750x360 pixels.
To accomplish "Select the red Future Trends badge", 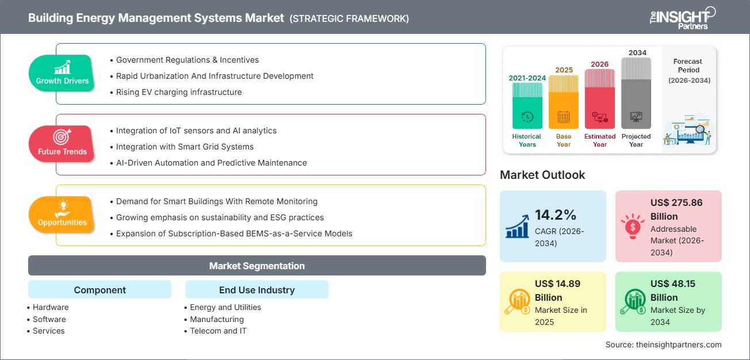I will pos(62,144).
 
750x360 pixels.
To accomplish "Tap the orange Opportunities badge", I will pos(62,215).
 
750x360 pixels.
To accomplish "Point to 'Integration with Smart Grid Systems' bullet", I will pos(185,147).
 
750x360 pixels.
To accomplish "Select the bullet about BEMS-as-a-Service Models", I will pos(234,233).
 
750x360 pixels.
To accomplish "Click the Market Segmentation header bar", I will pos(257,266).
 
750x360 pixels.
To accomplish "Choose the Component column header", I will pos(100,290).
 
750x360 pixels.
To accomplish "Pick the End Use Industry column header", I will pos(257,290).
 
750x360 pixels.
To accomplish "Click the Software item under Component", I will pos(49,319).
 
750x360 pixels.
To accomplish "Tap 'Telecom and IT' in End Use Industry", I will pos(218,331).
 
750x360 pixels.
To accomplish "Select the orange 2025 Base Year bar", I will pos(564,102).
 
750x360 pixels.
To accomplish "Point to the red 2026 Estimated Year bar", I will pos(600,98).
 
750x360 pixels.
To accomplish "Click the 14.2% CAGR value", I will pos(556,215).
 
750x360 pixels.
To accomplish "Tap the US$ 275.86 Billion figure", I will pos(676,209).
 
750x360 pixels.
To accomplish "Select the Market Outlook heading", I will pos(542,175).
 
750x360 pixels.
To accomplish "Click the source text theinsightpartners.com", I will pos(663,344).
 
